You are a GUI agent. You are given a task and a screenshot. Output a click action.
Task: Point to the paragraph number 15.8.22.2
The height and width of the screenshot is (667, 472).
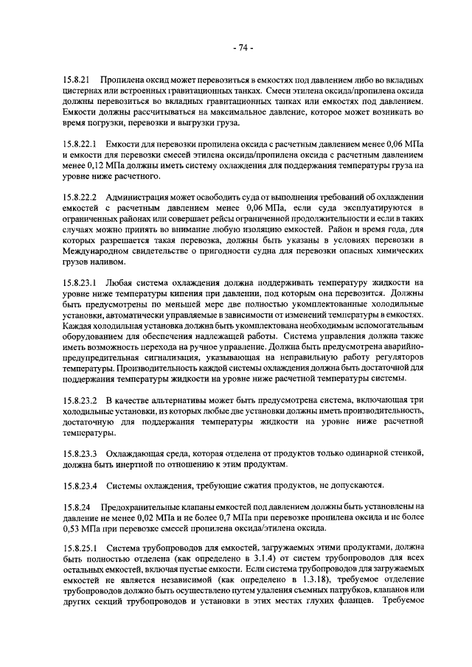coord(80,198)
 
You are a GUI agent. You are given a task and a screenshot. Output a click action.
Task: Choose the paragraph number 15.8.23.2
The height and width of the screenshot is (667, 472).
coord(80,400)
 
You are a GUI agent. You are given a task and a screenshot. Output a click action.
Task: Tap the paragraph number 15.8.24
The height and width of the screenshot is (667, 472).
coord(76,507)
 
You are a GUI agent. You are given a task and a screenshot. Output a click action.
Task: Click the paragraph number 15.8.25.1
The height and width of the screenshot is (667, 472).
coord(80,549)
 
